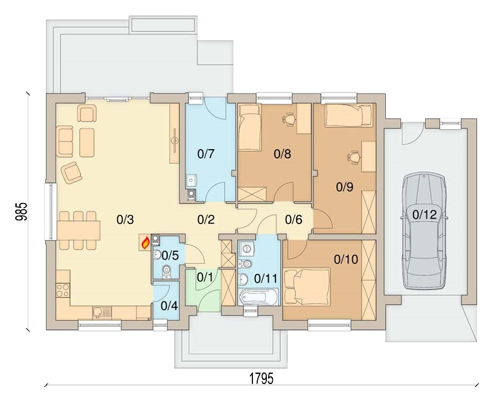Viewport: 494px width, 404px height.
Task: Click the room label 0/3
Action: pos(125,220)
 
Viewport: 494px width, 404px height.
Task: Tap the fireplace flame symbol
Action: pos(145,243)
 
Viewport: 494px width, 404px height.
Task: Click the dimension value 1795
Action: pos(261,378)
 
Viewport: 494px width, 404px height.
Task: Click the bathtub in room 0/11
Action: pos(259,298)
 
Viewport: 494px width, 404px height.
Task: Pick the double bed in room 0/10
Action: pos(307,287)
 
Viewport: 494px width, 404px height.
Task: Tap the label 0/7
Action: pos(206,154)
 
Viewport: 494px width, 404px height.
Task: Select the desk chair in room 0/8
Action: pos(289,119)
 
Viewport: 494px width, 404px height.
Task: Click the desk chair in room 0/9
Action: pos(353,156)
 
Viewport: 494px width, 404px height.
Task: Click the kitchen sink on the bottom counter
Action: pos(101,313)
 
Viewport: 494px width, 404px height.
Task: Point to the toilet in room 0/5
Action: pos(166,272)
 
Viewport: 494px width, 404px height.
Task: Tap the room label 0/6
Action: pos(294,219)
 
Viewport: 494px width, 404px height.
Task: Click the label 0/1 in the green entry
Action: pos(205,277)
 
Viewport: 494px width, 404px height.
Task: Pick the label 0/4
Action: pos(169,306)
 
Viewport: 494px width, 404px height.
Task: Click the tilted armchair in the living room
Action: pos(72,172)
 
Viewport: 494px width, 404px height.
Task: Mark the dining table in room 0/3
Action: pos(79,230)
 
